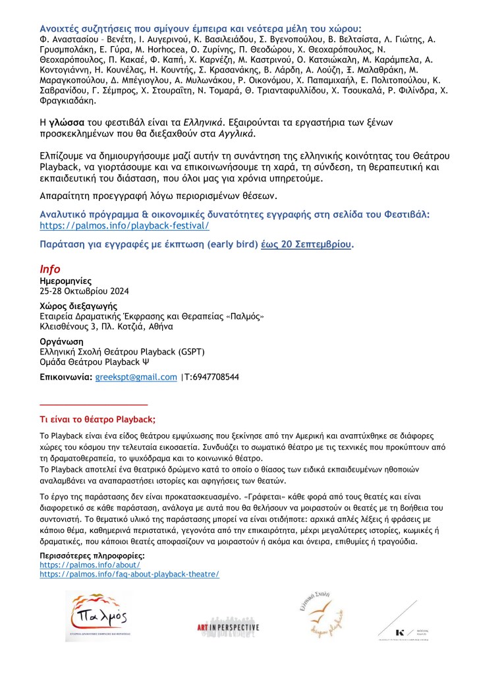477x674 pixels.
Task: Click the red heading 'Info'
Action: click(x=50, y=269)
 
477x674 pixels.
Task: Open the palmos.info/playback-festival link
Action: click(x=125, y=225)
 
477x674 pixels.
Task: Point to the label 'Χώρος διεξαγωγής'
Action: click(x=78, y=306)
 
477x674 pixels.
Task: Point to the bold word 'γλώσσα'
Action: click(x=65, y=123)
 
